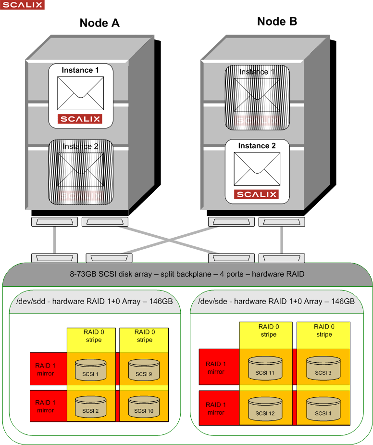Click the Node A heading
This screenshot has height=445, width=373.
[x=99, y=23]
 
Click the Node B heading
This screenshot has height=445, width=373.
[x=277, y=21]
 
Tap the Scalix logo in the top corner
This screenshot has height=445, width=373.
[x=22, y=5]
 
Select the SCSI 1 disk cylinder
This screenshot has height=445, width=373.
[x=90, y=370]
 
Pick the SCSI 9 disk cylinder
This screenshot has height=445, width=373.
[x=144, y=370]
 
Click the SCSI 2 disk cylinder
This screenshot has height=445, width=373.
[x=90, y=407]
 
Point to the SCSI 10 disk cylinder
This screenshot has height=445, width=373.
[x=144, y=407]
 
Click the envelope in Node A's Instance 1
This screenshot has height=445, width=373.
[x=80, y=93]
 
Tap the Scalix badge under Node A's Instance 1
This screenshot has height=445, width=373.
[x=80, y=119]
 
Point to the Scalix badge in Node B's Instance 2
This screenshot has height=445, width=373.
[x=258, y=194]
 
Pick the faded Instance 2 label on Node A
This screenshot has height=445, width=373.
[x=80, y=146]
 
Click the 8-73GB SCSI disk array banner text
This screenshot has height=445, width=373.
[x=187, y=274]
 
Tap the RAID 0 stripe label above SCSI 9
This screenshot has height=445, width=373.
[x=144, y=336]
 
